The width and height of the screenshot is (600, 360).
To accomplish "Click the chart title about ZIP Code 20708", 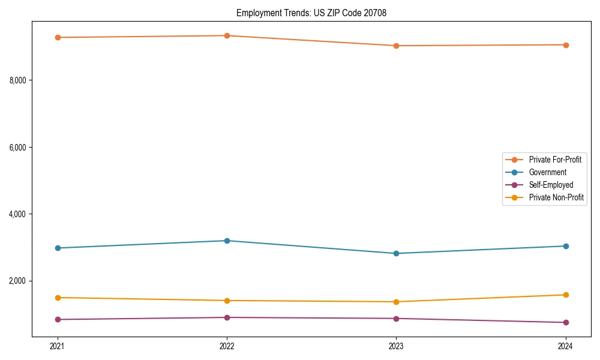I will (311, 13).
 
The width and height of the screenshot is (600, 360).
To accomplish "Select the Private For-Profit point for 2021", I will (58, 37).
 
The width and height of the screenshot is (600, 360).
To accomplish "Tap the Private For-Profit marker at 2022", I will (227, 35).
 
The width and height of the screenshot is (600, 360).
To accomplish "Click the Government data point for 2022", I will (227, 241).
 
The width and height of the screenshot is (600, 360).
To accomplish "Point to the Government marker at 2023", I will (396, 253).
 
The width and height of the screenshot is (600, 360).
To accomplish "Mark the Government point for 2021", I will (58, 248).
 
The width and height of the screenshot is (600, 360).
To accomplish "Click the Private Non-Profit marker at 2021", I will (58, 298).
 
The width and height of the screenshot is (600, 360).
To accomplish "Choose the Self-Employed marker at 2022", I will (227, 317).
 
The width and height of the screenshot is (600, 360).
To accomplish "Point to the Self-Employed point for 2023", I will (396, 319).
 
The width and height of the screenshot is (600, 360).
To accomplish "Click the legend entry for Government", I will (547, 172).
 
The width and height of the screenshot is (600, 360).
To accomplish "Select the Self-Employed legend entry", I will (551, 185).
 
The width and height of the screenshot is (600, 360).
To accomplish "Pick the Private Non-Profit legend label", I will (556, 197).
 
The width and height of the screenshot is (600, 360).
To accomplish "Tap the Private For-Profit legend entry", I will (555, 160).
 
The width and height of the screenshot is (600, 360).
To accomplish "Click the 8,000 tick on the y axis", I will (21, 80).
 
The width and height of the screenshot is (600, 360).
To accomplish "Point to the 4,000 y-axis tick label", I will (21, 214).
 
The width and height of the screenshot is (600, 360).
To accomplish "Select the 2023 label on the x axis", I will (396, 346).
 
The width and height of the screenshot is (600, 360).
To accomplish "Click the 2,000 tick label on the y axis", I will (21, 281).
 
